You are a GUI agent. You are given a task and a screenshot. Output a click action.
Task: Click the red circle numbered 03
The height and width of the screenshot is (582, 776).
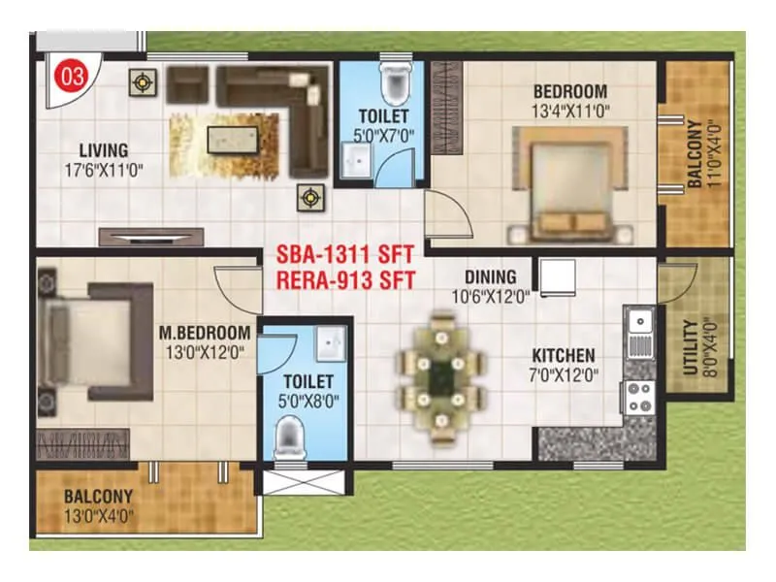[71, 76]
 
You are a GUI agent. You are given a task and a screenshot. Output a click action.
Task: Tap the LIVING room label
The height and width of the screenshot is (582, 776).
[104, 150]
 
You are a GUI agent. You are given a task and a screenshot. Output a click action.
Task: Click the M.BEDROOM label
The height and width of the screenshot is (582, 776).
[205, 334]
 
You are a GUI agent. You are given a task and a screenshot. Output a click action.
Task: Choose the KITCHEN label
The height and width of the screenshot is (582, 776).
[563, 356]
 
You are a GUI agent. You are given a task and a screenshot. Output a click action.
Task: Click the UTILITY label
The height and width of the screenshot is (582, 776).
[689, 347]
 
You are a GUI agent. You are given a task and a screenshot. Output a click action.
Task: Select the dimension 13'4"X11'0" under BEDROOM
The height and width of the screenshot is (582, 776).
[570, 112]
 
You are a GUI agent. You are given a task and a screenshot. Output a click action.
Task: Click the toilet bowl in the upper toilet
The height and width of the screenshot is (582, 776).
[395, 85]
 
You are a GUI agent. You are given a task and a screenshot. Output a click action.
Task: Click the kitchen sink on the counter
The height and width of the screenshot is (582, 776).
[639, 331]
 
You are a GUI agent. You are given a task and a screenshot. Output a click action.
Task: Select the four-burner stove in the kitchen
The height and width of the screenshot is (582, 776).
[639, 396]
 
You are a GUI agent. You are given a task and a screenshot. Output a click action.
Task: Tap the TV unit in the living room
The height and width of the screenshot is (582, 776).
[150, 237]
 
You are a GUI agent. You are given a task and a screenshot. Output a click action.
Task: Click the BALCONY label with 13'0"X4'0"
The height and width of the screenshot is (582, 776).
[101, 503]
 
